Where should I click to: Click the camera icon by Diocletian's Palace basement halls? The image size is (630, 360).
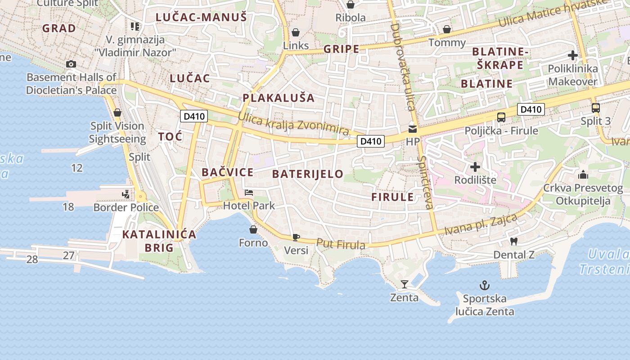click(71, 64)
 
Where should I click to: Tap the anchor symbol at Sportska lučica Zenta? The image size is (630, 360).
click(485, 285)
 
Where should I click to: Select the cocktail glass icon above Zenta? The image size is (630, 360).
click(405, 284)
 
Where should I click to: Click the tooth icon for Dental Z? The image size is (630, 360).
click(514, 242)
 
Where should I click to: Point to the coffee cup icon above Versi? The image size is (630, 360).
click(296, 237)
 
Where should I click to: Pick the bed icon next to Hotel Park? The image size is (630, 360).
click(249, 193)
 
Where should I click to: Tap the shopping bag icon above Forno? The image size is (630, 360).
click(253, 229)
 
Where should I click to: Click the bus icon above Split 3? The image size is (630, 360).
click(595, 108)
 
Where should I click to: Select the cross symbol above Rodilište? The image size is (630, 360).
click(475, 167)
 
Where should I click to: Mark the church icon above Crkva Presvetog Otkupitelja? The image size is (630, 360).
click(583, 175)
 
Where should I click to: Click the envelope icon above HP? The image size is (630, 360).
click(412, 129)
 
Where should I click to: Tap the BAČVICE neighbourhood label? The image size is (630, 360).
click(227, 172)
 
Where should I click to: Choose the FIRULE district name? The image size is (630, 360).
click(392, 197)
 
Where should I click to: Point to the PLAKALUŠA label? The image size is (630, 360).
click(278, 98)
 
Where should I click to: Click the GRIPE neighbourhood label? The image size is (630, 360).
click(342, 49)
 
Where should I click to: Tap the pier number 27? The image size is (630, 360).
click(68, 256)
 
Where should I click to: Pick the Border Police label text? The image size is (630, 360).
click(126, 207)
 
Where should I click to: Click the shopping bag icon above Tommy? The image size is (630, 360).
click(447, 29)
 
